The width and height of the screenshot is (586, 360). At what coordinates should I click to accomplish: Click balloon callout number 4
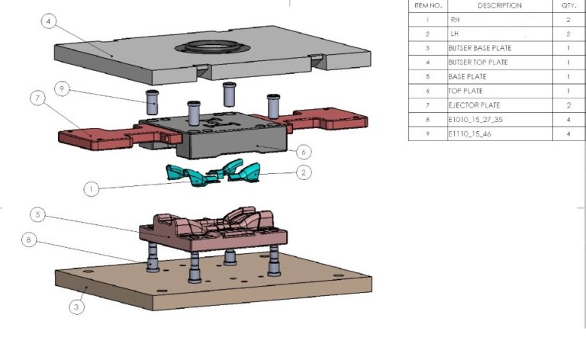click(x=49, y=21)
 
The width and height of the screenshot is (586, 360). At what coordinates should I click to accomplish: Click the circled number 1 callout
click(x=91, y=188)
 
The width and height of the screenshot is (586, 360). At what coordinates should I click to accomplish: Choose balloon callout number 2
click(x=304, y=172)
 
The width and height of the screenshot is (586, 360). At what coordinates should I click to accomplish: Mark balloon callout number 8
click(x=29, y=239)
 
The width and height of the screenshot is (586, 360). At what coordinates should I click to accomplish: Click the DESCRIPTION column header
click(x=499, y=5)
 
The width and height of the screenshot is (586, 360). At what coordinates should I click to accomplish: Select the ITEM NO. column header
click(x=427, y=5)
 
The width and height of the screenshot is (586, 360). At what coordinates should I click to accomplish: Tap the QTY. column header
click(x=568, y=5)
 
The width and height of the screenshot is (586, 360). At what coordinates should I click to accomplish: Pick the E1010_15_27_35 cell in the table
click(x=478, y=120)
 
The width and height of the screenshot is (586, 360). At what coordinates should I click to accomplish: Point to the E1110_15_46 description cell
click(x=473, y=134)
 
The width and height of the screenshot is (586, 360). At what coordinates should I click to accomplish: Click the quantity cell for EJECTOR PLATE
click(x=568, y=105)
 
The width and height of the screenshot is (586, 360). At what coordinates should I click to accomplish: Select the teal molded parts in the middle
click(x=214, y=174)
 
